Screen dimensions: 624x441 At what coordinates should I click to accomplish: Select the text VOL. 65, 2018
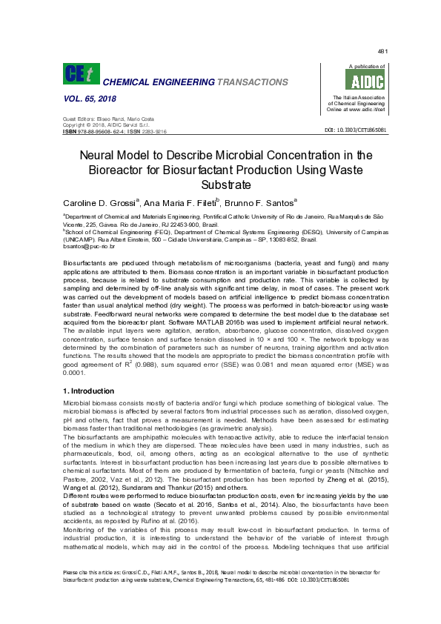[90, 99]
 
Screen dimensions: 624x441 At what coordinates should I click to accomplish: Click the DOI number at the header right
[356, 130]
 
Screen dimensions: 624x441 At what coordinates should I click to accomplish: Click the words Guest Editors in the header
[77, 119]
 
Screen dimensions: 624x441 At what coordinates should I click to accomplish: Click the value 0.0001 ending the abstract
[76, 374]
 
